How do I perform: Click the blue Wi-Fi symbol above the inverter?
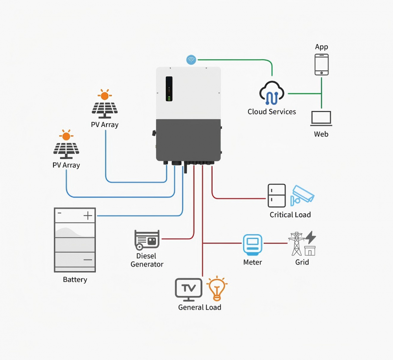191,60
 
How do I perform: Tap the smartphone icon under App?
321,64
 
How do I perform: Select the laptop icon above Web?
321,118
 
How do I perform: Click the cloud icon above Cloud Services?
272,93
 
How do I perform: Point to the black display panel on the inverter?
169,89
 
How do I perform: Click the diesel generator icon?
147,240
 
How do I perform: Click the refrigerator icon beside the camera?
277,196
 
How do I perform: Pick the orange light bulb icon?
217,288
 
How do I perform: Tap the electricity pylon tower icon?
296,244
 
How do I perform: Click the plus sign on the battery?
88,216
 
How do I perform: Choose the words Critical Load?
290,215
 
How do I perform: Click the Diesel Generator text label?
147,260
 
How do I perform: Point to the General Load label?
200,307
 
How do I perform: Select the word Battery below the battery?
75,279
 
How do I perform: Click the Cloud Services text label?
272,112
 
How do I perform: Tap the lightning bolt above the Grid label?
310,237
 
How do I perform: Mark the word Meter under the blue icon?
253,262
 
